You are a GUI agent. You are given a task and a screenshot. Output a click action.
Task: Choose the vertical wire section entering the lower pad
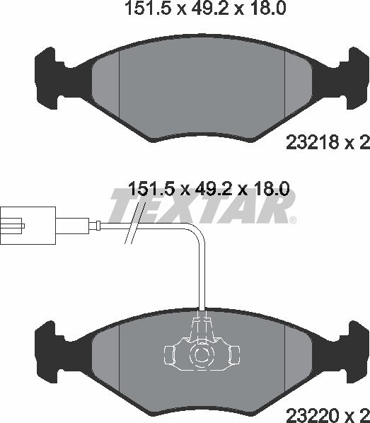pos(203,283)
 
